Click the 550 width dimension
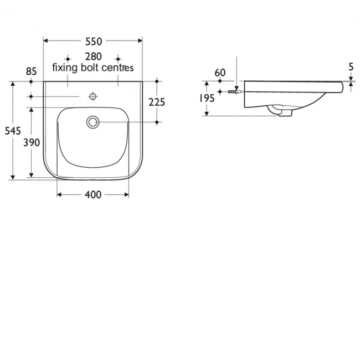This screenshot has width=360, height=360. click(x=93, y=41)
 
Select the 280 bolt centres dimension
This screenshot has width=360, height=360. click(x=93, y=57)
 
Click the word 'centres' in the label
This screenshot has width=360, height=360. click(x=119, y=68)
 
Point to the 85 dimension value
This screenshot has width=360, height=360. click(x=31, y=71)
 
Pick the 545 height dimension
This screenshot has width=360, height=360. click(x=12, y=131)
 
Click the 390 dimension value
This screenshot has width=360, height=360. click(x=32, y=142)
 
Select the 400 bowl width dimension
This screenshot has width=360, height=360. click(x=93, y=195)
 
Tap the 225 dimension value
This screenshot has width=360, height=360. click(x=157, y=102)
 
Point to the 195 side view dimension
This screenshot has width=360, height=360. click(x=206, y=98)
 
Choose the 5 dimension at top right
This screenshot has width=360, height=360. click(x=351, y=67)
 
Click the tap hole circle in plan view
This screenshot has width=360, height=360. click(x=92, y=97)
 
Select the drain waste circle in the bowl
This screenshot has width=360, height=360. click(x=92, y=122)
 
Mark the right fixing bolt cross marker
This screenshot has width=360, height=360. click(x=118, y=58)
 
